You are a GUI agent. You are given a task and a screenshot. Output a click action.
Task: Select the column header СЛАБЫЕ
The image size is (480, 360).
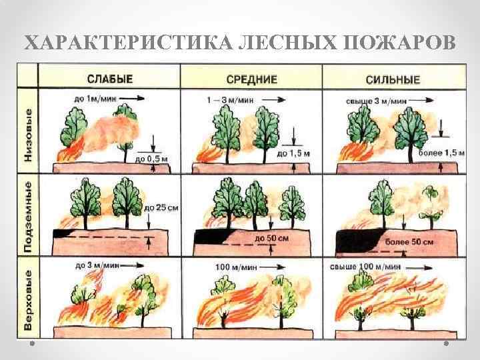109,79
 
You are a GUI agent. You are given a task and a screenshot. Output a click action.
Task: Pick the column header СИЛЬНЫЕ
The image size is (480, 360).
392,80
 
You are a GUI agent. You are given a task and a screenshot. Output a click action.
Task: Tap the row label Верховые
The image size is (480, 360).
28,299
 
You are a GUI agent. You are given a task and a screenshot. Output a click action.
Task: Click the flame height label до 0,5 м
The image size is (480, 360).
149,159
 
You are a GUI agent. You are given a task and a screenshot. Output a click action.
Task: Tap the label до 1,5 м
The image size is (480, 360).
293,153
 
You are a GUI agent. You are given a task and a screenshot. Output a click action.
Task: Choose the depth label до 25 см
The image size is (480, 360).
161,208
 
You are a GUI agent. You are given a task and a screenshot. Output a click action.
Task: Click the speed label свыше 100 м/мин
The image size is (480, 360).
365,266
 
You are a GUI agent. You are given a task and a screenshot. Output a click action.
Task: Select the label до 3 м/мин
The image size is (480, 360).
92,266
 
